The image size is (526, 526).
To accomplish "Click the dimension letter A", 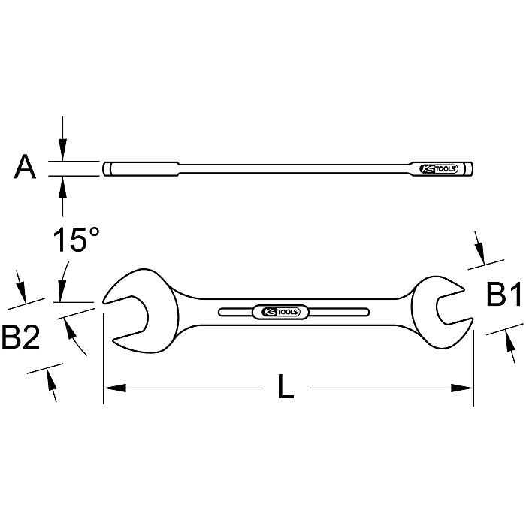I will [26, 168].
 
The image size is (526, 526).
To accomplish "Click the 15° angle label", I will [75, 242].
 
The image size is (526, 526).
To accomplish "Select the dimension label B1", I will [503, 296].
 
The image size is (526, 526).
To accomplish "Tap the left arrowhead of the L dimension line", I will [111, 388].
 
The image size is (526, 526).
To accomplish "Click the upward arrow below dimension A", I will [62, 183].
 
